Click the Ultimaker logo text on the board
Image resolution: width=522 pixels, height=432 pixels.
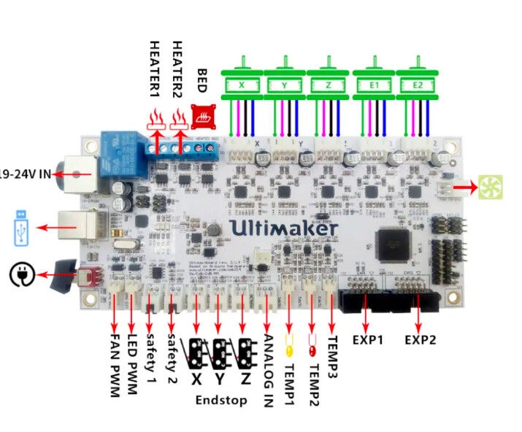[284, 228]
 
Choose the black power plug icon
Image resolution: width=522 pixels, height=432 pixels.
[20, 274]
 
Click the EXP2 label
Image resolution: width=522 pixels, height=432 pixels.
[420, 339]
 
